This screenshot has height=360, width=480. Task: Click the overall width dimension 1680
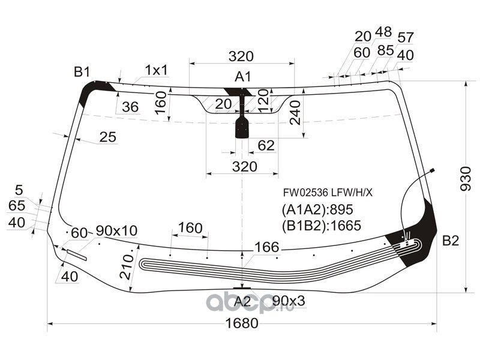coord(242,323)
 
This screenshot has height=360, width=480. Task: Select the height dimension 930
coord(466,179)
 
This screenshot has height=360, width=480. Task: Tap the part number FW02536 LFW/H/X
coord(328,193)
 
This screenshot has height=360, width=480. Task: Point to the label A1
coord(243,77)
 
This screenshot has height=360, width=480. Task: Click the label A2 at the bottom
coord(242,302)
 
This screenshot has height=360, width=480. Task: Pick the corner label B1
coord(82,72)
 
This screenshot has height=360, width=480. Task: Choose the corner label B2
coord(451,241)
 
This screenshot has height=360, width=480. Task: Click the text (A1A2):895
coord(317,209)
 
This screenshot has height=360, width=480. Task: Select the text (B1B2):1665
coord(322,226)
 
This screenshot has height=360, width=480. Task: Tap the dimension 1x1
coord(157,70)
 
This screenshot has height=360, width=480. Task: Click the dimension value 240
coord(295,113)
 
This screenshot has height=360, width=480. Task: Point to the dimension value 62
coord(266,145)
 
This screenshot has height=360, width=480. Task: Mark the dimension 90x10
coord(116,231)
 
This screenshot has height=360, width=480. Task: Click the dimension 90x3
coord(289,301)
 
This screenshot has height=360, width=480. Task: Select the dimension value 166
coord(267,247)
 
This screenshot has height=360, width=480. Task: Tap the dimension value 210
coord(127,267)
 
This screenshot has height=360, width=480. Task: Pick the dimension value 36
coord(130,107)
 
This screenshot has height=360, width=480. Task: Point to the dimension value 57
coord(406,38)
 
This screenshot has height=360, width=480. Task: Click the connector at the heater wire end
coord(432,170)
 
